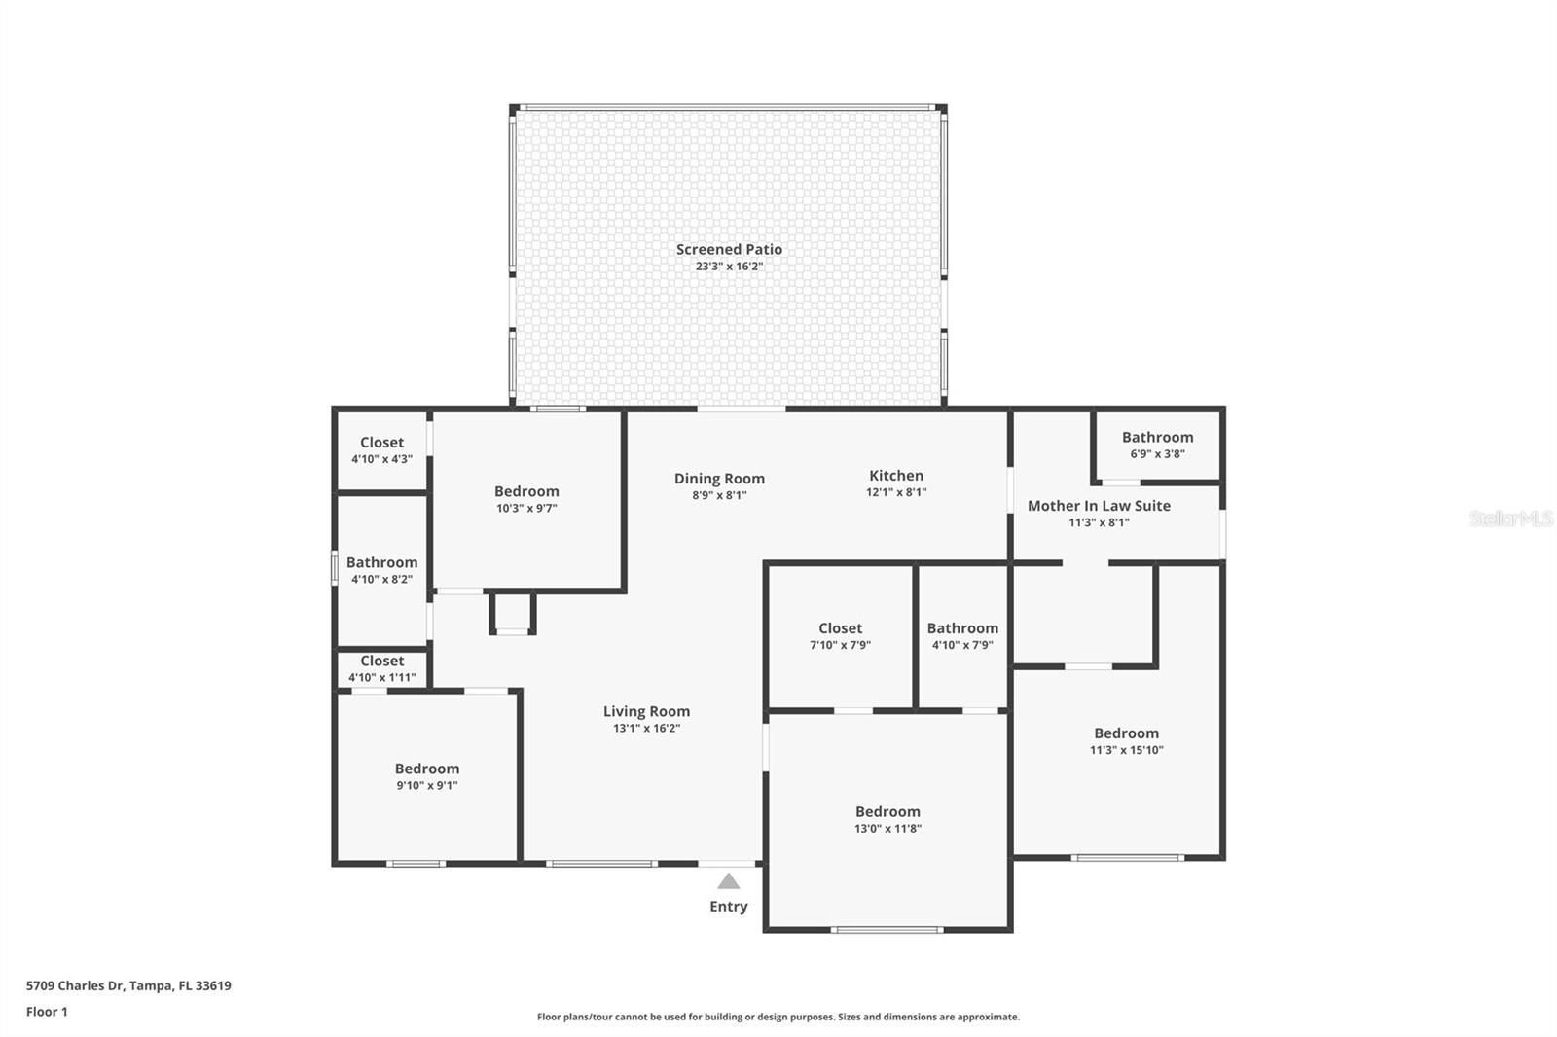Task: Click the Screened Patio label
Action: (x=729, y=249)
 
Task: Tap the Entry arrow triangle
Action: (x=729, y=881)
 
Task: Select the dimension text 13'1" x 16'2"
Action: (x=646, y=729)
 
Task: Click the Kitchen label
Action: (x=896, y=476)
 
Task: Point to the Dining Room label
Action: (x=719, y=479)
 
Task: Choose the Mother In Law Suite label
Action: (x=1099, y=506)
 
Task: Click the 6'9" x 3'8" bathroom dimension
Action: (x=1157, y=454)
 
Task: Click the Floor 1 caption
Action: (x=47, y=1012)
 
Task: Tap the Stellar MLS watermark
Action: (x=1510, y=518)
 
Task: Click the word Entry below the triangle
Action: (x=729, y=907)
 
